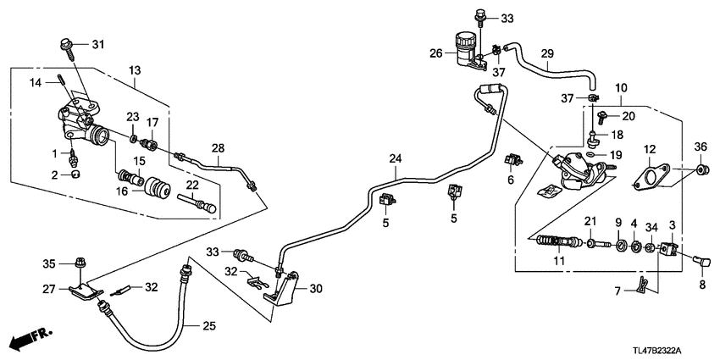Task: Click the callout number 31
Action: [97, 45]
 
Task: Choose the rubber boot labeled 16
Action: [155, 186]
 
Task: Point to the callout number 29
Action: [546, 53]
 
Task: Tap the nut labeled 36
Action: [701, 173]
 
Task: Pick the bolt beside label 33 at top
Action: [481, 14]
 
